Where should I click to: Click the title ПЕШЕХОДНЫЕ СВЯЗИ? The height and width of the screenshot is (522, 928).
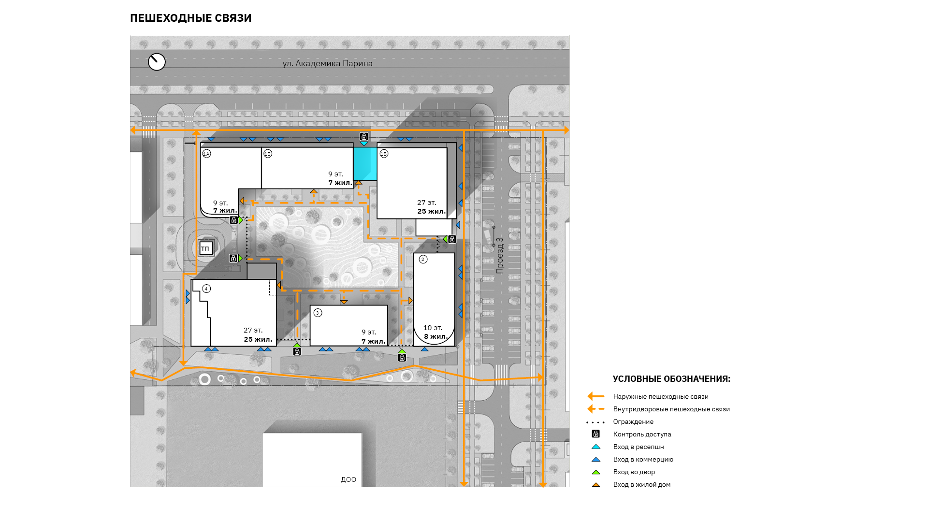pyautogui.click(x=191, y=18)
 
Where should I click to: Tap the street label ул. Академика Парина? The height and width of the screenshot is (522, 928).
pyautogui.click(x=328, y=63)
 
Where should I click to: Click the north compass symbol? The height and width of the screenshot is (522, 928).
pyautogui.click(x=157, y=62)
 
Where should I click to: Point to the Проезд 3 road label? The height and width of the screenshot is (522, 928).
pyautogui.click(x=499, y=255)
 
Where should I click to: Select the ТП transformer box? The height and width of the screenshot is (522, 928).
pyautogui.click(x=206, y=248)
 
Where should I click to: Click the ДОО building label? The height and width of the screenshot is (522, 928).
pyautogui.click(x=348, y=479)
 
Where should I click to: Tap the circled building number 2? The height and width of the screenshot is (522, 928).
pyautogui.click(x=423, y=260)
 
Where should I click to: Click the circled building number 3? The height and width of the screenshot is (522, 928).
pyautogui.click(x=318, y=313)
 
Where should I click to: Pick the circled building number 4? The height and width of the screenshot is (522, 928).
pyautogui.click(x=206, y=289)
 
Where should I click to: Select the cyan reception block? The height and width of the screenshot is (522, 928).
pyautogui.click(x=365, y=164)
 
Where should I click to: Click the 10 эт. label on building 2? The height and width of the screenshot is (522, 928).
pyautogui.click(x=433, y=328)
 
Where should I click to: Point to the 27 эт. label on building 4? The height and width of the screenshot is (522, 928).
pyautogui.click(x=253, y=330)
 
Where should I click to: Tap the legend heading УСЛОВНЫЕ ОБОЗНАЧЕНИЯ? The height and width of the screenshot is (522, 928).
pyautogui.click(x=671, y=379)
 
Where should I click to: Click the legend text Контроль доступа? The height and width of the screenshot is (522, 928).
pyautogui.click(x=642, y=434)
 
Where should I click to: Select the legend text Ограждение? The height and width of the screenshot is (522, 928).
pyautogui.click(x=633, y=421)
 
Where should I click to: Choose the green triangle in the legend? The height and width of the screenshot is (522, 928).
pyautogui.click(x=596, y=472)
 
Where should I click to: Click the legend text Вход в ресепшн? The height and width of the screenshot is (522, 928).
pyautogui.click(x=638, y=447)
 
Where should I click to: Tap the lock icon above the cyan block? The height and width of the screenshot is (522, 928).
pyautogui.click(x=364, y=137)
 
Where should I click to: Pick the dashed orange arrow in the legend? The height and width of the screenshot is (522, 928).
pyautogui.click(x=596, y=409)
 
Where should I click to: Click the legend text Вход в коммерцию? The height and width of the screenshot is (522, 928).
pyautogui.click(x=643, y=459)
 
